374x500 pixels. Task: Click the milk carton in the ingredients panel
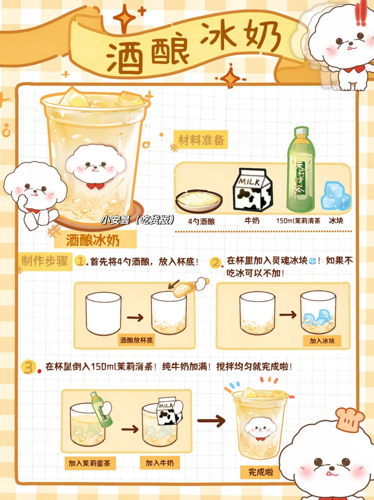pos(252,189)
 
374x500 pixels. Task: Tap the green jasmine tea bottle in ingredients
pos(301,169)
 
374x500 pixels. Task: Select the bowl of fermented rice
pos(199,201)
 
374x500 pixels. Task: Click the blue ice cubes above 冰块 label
pos(336,196)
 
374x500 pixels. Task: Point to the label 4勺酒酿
pos(202,221)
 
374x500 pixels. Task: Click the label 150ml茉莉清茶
pos(299,221)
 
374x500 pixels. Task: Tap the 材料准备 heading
pos(201,140)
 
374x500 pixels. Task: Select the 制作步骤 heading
pos(45,261)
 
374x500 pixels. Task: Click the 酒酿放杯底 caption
pos(136,341)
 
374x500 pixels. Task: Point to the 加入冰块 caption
pos(322,341)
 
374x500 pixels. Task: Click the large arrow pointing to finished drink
pos(211,421)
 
